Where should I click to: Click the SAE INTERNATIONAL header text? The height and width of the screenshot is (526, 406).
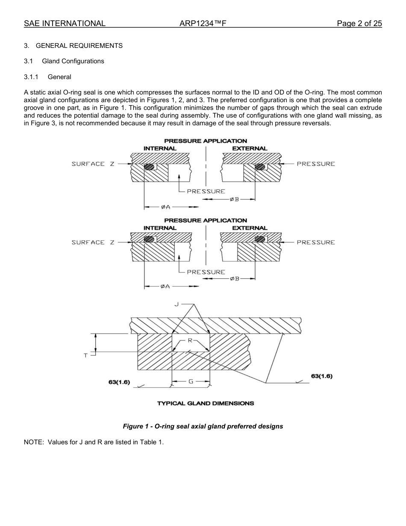click(x=65, y=24)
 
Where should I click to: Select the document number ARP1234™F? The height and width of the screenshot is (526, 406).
click(x=203, y=24)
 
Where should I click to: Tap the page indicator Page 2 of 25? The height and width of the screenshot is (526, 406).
click(x=359, y=24)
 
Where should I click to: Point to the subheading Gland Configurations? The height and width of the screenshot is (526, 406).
click(x=73, y=61)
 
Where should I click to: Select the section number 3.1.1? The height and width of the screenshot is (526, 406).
click(x=31, y=77)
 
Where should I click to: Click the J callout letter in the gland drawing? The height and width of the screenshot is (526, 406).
click(x=176, y=304)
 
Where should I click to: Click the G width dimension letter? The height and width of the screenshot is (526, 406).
click(x=191, y=381)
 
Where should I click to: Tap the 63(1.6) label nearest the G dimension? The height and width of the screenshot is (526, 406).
click(x=119, y=382)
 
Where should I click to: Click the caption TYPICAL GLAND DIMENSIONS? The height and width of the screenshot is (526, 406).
click(x=205, y=403)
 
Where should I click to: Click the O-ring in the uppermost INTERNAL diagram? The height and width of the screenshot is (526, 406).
click(x=149, y=167)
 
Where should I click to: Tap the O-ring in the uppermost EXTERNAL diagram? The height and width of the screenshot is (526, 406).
click(x=259, y=167)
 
